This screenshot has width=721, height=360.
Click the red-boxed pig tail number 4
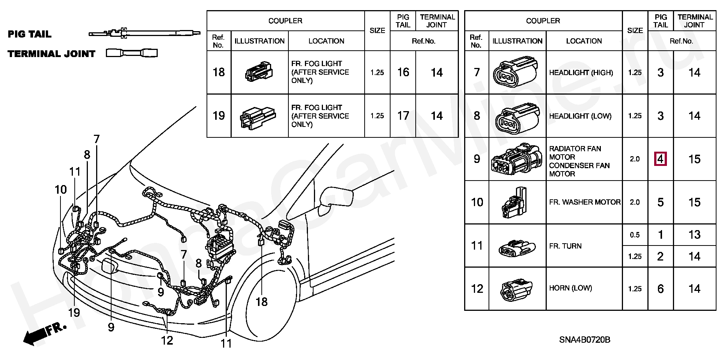pos(660,159)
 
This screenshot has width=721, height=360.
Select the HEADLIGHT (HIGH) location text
pos(581,72)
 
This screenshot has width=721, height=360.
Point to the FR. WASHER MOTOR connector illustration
pos(513,202)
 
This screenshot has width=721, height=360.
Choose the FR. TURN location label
pos(565,246)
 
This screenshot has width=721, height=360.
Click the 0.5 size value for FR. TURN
pos(635,235)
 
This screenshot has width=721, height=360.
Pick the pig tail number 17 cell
pos(403,116)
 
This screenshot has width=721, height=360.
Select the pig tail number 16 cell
pos(403,72)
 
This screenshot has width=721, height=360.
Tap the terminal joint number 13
pos(694,235)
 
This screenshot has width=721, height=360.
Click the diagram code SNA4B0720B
pos(585,340)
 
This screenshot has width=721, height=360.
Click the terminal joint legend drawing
pos(131,53)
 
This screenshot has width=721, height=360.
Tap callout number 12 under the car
pos(167,340)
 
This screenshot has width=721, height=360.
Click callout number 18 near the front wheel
pos(261,301)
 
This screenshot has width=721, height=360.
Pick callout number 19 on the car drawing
pos(74,312)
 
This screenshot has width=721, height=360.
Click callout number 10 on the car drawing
pos(60,190)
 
